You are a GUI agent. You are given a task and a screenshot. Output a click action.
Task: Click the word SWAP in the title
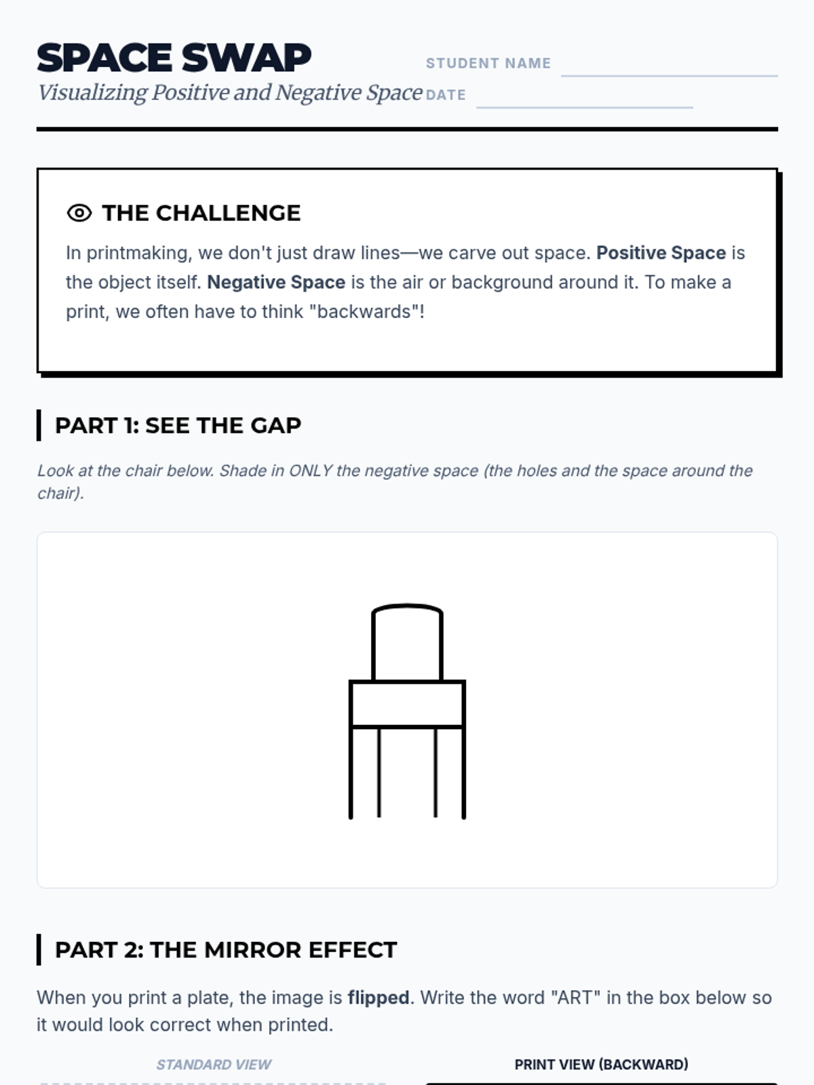(246, 58)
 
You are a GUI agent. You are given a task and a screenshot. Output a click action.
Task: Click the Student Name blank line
(670, 76)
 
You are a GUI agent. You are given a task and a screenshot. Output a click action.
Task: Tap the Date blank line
(584, 106)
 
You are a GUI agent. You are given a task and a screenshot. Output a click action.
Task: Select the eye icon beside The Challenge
(79, 213)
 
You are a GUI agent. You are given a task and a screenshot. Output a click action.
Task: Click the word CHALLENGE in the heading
(228, 213)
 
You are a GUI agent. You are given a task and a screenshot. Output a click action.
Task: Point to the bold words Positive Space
(661, 252)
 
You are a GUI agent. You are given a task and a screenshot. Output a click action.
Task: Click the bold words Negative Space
(276, 282)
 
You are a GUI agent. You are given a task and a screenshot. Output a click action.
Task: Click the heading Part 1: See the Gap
(178, 425)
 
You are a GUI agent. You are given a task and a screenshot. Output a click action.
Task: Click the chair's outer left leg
(351, 772)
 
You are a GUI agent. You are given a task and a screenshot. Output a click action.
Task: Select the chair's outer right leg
(463, 772)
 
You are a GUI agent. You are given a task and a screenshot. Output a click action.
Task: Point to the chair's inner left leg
(379, 772)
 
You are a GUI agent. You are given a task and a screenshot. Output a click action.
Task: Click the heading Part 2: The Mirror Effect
(226, 949)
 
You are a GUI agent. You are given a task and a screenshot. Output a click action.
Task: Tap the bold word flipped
(378, 998)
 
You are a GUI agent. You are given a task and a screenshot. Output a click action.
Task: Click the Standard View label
(214, 1064)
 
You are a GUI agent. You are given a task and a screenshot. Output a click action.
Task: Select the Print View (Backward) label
(602, 1064)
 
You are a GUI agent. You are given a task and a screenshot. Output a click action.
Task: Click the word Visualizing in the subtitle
(92, 92)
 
